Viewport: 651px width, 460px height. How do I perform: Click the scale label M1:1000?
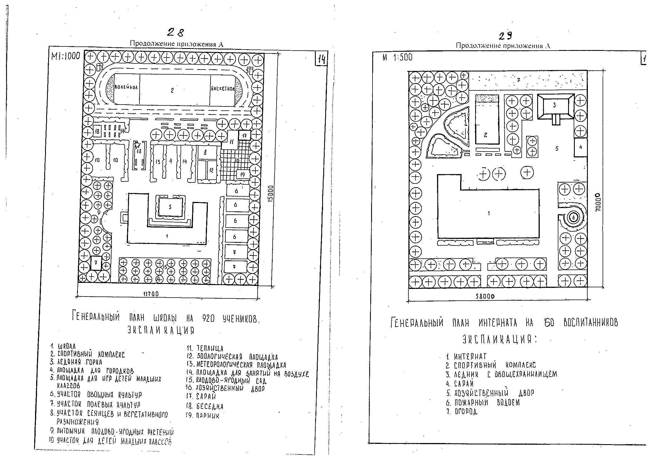(66, 56)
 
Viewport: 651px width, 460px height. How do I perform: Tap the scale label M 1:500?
(397, 58)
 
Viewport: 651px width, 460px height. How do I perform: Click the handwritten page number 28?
(176, 33)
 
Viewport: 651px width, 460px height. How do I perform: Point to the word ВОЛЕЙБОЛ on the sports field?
(126, 87)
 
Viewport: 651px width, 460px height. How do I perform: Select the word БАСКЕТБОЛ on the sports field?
(223, 88)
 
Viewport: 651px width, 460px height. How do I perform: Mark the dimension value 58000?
(485, 296)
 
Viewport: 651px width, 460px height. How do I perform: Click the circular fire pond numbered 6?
(573, 217)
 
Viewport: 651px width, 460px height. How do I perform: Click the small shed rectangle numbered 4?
(580, 147)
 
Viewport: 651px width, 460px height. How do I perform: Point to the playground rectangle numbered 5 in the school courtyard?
(170, 207)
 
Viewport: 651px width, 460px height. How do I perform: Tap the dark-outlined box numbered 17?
(245, 135)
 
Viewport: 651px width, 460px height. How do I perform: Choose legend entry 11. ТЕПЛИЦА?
(205, 348)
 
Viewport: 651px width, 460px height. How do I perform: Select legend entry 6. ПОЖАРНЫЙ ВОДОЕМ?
(483, 402)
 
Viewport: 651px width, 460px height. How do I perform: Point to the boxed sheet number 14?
(322, 60)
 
